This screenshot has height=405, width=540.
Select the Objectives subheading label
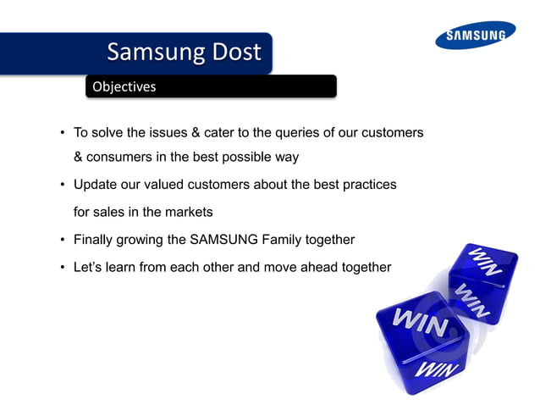124,86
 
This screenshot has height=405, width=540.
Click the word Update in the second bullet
95,184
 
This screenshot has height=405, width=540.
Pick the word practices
369,184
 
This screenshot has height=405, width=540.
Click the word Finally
94,239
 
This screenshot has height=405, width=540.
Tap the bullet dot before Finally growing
62,239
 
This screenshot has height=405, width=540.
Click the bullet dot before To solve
62,133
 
